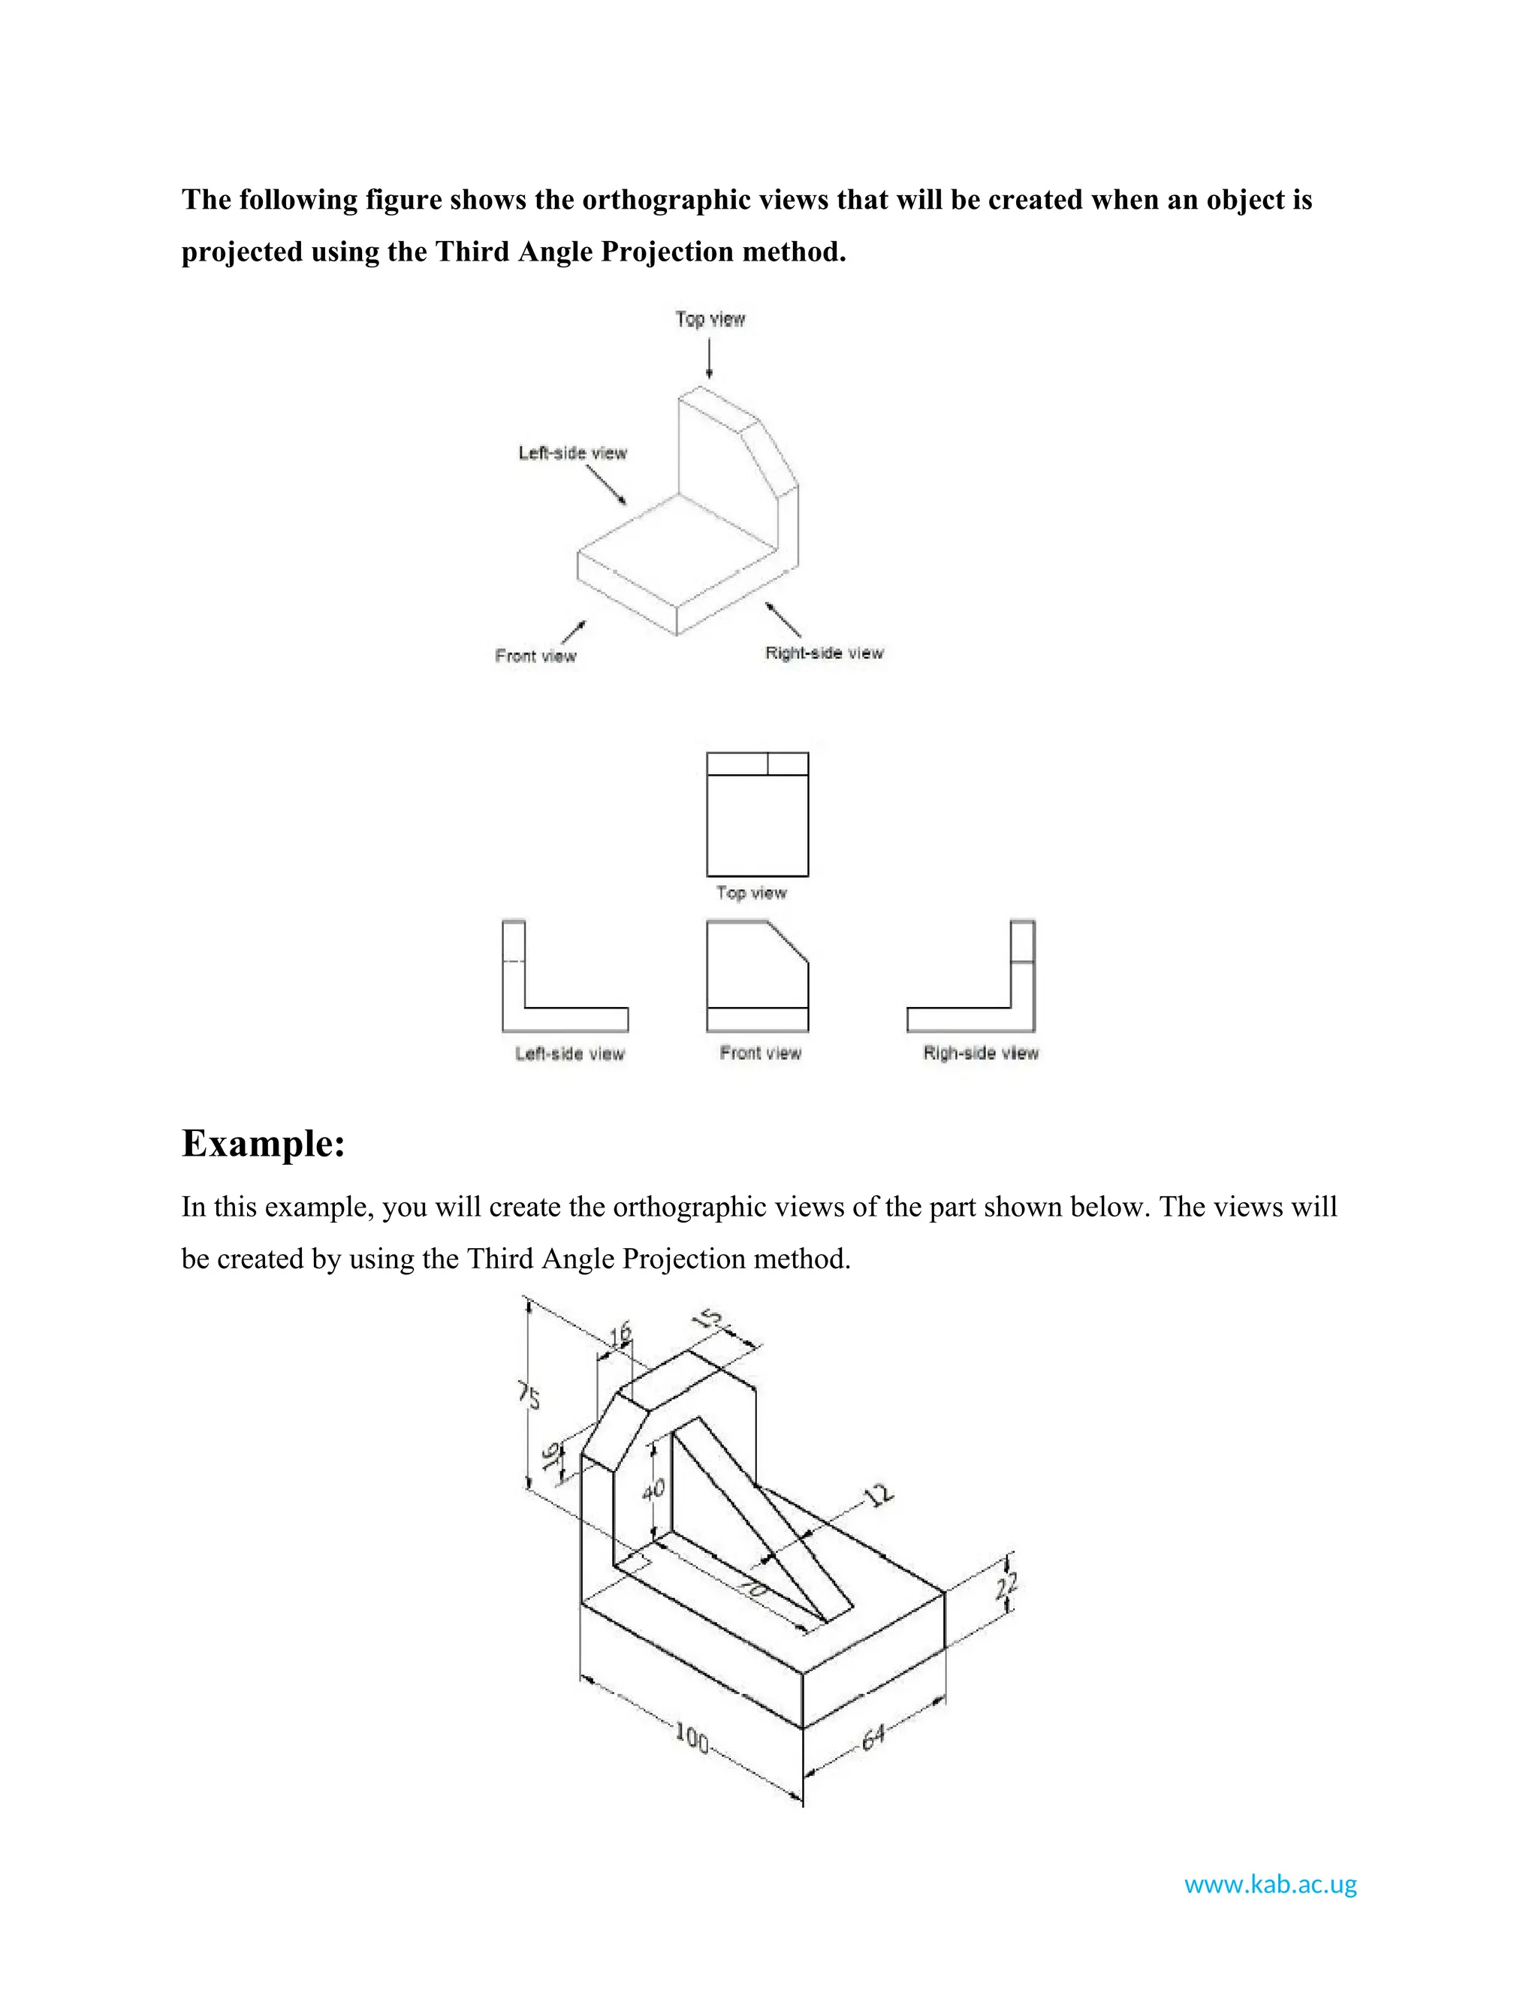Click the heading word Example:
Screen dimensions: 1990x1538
[264, 1144]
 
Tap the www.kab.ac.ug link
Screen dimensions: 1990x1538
[1270, 1883]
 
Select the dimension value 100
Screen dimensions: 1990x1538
[692, 1738]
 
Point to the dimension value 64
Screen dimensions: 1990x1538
[873, 1738]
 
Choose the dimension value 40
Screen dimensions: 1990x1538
[653, 1490]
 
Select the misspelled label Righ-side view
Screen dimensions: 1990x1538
[980, 1054]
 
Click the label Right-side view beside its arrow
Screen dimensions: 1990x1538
[824, 653]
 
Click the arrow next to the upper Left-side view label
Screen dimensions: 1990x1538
[606, 485]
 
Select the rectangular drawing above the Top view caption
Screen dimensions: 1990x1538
[757, 815]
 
